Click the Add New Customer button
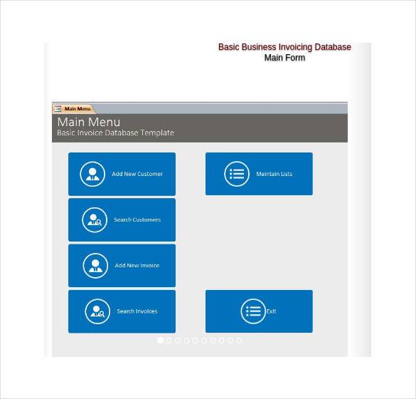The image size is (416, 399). [x=122, y=174]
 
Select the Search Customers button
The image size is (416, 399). [x=122, y=219]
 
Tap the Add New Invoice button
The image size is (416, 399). [x=122, y=265]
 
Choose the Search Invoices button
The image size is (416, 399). [x=122, y=311]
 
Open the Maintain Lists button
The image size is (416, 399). [x=259, y=174]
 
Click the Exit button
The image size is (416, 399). [x=259, y=311]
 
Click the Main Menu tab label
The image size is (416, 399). [x=78, y=109]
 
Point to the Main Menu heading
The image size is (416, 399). [x=89, y=122]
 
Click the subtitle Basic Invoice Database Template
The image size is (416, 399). [x=115, y=133]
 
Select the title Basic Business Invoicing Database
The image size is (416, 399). [x=284, y=47]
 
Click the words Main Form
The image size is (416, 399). [x=284, y=58]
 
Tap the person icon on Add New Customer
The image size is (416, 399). [x=92, y=174]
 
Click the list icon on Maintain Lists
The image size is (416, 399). [x=237, y=174]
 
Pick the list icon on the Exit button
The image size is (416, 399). [x=253, y=311]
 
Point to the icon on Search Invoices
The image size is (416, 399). [x=97, y=311]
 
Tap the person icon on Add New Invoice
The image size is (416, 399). [x=95, y=266]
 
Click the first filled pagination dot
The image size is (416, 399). [x=160, y=341]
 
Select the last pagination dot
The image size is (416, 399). [x=240, y=341]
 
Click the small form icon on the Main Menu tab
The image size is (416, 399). [x=58, y=109]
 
